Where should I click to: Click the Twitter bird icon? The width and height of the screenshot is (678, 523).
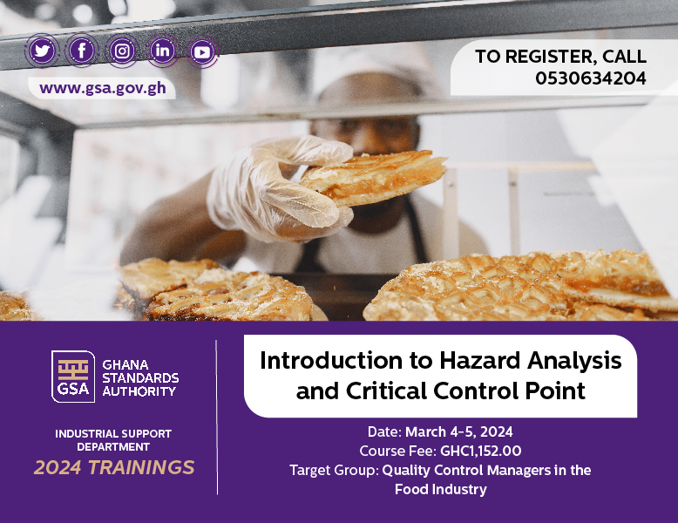pos(42,51)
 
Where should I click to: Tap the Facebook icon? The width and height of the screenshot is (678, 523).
pos(81,51)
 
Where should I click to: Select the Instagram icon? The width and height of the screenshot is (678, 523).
pos(122,51)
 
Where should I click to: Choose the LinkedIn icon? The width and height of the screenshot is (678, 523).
pos(162,51)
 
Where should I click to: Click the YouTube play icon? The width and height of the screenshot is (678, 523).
pos(202,52)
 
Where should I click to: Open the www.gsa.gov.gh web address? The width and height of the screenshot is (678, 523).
pos(103,88)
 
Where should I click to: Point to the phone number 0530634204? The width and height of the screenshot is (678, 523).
pos(591,78)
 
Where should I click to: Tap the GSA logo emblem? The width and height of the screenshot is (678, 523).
pos(73,377)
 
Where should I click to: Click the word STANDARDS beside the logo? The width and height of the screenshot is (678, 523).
pos(140,377)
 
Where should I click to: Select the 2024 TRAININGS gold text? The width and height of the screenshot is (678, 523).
pos(114,467)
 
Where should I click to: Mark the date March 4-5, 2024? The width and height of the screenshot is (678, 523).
pos(458,431)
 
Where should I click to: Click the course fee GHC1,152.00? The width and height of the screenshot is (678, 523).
pos(480,451)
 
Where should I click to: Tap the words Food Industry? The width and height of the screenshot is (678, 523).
pos(441,489)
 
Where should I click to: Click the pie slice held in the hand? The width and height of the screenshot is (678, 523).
pos(373,178)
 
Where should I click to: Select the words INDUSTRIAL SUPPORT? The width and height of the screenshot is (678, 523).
pos(113,433)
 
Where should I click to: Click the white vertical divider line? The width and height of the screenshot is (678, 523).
pos(217,417)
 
